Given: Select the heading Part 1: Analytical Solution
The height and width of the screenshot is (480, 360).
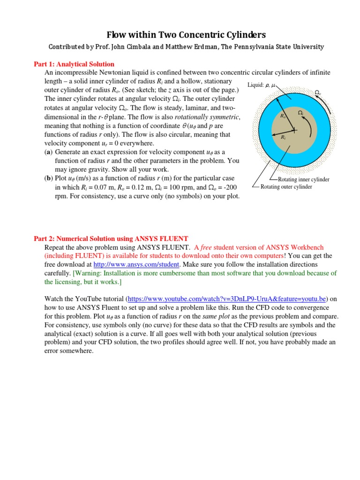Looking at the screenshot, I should click(74, 64).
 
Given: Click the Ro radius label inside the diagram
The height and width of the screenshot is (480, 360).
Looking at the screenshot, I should click(283, 116).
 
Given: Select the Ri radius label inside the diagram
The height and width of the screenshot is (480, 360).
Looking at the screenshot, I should click(284, 137).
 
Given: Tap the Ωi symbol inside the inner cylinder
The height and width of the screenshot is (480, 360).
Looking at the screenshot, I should click(301, 113).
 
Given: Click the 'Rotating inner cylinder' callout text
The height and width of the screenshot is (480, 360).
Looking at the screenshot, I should click(303, 180).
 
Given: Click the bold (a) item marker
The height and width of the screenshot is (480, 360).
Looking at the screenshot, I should click(48, 152).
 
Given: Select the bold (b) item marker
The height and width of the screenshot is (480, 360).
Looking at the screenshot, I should click(48, 178).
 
